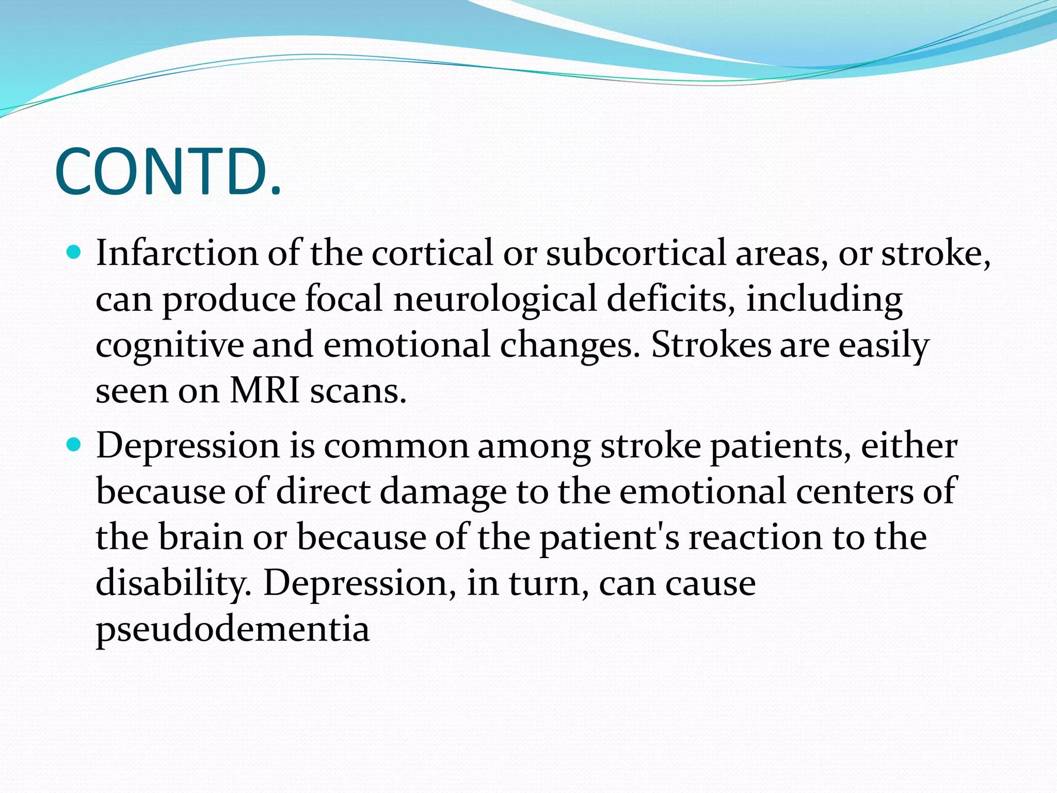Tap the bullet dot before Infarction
[74, 252]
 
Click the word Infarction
[177, 253]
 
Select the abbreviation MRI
[265, 390]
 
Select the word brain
[200, 537]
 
